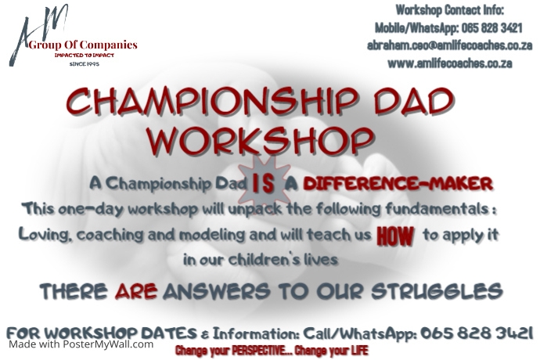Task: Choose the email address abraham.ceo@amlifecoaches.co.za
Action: (440, 45)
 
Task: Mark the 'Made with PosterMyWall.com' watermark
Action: (81, 344)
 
